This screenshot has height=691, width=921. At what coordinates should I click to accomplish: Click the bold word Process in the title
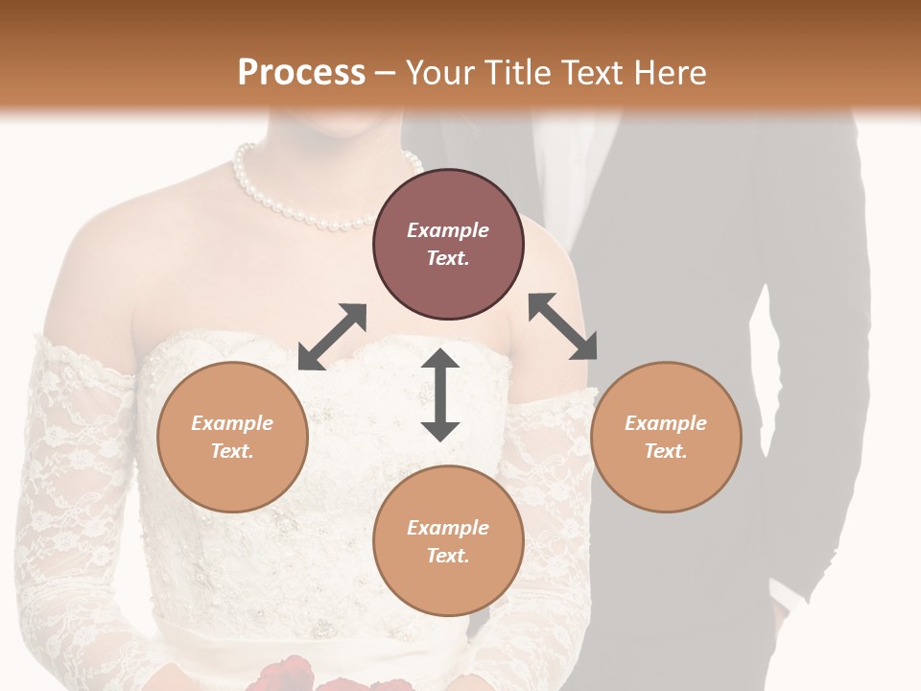[301, 72]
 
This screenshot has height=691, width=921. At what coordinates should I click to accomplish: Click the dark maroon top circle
[448, 245]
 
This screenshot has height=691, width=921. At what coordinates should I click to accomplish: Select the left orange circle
[232, 438]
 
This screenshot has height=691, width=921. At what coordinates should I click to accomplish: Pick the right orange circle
[666, 438]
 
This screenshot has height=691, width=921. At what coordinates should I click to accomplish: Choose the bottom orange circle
[448, 541]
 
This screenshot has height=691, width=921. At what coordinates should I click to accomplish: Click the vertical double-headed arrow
[440, 394]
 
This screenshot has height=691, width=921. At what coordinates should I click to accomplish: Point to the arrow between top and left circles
[332, 337]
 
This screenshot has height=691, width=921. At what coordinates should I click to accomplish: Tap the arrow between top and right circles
[562, 326]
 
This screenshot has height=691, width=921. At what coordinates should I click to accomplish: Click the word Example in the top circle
[448, 230]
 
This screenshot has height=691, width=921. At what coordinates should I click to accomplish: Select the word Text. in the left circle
[232, 451]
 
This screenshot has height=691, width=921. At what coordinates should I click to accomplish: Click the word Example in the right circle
[666, 423]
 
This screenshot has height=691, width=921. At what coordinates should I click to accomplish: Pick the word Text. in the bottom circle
[448, 556]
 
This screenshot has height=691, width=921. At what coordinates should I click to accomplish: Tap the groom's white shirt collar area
[551, 173]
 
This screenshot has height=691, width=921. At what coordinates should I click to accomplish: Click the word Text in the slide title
[589, 72]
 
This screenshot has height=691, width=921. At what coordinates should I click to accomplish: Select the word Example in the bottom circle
[448, 528]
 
